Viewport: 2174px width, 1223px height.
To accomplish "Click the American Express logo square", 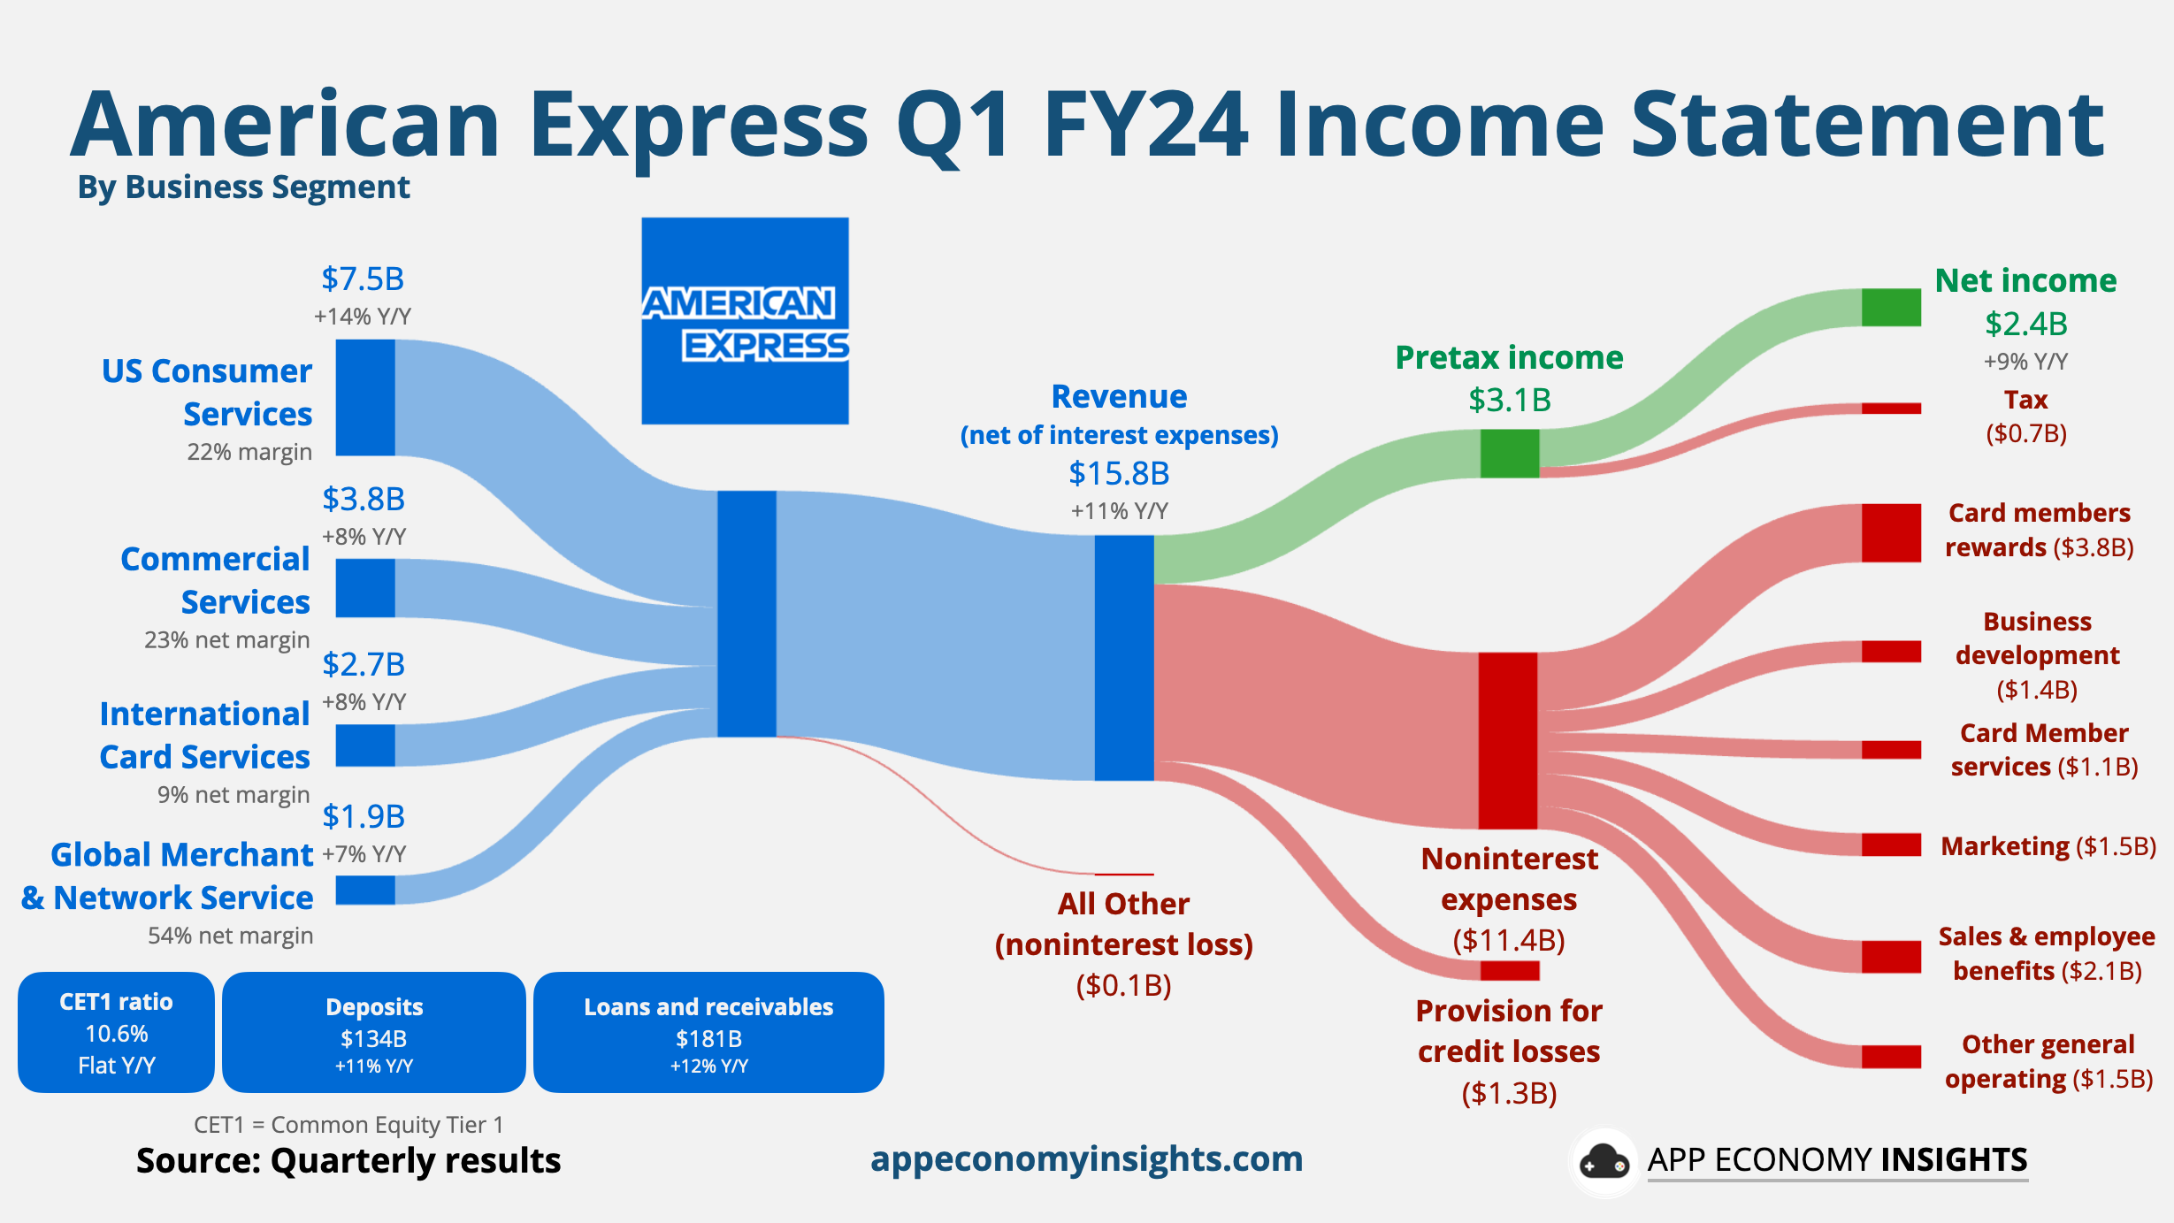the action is point(745,320).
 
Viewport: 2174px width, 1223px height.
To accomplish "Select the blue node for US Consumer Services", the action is point(365,397).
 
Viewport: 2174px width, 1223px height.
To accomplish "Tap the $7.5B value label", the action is point(363,279).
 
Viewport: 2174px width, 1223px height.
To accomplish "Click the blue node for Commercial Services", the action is point(365,588).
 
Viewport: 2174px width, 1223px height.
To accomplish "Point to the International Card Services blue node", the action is point(365,745).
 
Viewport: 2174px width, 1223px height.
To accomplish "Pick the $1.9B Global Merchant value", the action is point(364,816).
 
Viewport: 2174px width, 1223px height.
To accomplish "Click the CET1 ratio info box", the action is point(116,1032).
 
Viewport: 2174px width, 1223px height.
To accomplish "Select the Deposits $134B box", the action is point(373,1032).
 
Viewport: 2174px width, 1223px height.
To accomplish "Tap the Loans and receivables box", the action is point(708,1032).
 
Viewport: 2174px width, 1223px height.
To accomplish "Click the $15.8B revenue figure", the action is point(1119,474).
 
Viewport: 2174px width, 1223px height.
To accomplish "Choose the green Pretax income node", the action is point(1510,453).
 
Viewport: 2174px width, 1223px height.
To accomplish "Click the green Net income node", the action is point(1891,307).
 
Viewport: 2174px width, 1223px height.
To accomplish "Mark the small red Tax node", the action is point(1891,409).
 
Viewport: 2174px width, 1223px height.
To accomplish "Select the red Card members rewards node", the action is point(1891,532).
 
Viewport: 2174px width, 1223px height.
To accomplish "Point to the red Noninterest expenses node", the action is point(1508,740).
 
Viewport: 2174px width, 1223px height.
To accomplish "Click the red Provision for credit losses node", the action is point(1510,971).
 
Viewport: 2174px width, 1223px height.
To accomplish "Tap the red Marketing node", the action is point(1891,845).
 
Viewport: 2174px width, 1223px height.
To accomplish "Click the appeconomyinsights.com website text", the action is point(1087,1158).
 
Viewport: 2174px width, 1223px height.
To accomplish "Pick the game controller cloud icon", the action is point(1604,1162).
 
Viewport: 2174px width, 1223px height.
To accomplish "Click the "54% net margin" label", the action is point(230,936).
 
